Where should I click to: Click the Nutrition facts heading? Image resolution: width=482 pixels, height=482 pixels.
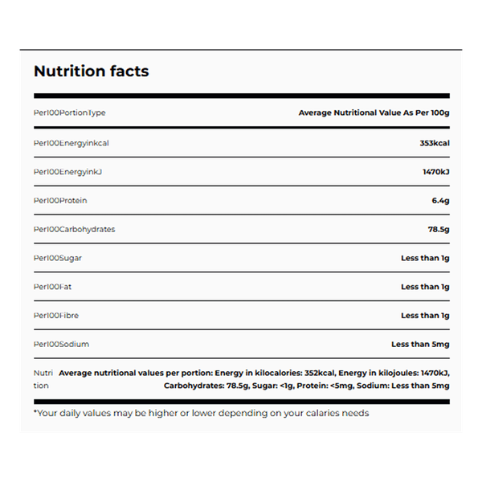click(91, 71)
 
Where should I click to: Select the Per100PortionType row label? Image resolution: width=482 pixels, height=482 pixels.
click(69, 113)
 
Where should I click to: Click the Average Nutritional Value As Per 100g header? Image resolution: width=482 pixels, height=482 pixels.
click(374, 113)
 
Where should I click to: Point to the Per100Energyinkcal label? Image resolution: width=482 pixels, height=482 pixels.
click(71, 142)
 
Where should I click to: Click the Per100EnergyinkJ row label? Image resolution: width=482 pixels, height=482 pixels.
click(68, 171)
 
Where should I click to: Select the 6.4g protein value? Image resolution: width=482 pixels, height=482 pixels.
click(439, 200)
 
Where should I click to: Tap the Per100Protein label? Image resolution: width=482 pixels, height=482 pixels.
click(60, 200)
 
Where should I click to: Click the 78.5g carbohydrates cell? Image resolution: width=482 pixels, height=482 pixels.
click(437, 229)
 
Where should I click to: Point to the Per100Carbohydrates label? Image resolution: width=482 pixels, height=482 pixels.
click(74, 229)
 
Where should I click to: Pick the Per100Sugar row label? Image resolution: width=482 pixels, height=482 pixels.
click(58, 258)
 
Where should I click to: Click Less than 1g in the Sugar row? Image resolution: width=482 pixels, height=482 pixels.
click(424, 258)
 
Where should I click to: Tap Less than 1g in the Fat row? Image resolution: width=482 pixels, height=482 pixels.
click(424, 287)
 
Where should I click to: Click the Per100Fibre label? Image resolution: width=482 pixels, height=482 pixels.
click(56, 316)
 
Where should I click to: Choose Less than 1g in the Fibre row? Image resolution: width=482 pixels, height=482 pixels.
click(424, 316)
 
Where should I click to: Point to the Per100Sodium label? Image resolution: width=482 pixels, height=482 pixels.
click(61, 345)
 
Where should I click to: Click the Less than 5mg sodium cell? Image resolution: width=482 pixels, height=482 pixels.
click(419, 345)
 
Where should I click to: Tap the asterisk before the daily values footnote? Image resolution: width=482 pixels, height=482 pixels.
click(35, 412)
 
